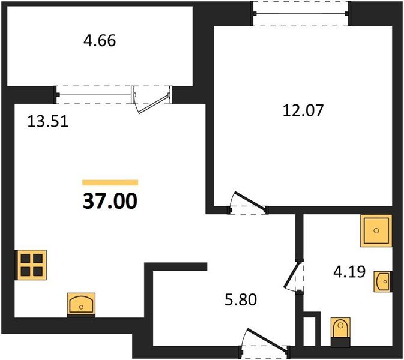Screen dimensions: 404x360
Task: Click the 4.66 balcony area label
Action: click(100, 41)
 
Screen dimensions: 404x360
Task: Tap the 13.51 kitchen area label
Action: click(48, 121)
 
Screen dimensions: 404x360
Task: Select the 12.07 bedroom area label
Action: click(303, 110)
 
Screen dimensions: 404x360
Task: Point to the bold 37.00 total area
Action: click(110, 201)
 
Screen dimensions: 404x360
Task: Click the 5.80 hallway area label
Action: click(241, 300)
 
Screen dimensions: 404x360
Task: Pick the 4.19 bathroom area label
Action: click(349, 272)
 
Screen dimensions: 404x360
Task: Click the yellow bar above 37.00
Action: click(110, 182)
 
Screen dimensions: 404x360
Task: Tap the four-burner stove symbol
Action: click(31, 265)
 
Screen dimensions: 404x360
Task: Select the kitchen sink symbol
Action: click(81, 305)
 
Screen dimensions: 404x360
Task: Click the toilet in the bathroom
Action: click(340, 332)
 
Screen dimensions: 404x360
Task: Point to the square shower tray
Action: click(376, 231)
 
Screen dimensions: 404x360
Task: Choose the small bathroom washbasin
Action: click(383, 281)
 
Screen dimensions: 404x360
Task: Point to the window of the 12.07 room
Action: click(300, 14)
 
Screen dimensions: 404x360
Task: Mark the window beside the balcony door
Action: click(95, 95)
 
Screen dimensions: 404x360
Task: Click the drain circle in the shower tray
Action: click(376, 231)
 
